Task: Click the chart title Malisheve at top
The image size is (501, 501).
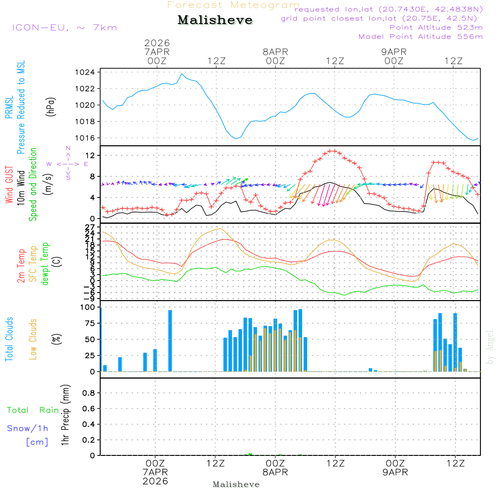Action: click(x=215, y=21)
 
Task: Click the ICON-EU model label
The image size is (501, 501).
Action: click(x=65, y=27)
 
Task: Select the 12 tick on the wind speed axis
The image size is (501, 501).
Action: click(x=90, y=156)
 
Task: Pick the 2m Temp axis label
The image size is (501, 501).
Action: click(x=21, y=265)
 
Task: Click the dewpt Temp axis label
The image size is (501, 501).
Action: click(x=45, y=264)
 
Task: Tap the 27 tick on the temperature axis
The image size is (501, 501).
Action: click(x=90, y=227)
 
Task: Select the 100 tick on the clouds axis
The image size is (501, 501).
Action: click(x=88, y=307)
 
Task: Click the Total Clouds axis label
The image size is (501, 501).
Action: click(x=9, y=339)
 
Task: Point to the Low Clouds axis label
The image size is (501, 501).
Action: click(x=33, y=339)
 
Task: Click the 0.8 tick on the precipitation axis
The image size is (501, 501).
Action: click(x=89, y=393)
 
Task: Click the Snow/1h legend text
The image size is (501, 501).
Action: click(x=28, y=428)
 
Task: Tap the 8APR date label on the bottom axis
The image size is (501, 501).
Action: click(x=275, y=472)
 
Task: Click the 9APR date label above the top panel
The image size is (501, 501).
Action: click(x=394, y=52)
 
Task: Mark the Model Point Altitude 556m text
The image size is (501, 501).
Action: click(x=421, y=37)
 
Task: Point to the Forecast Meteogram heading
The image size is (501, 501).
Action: click(x=233, y=5)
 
